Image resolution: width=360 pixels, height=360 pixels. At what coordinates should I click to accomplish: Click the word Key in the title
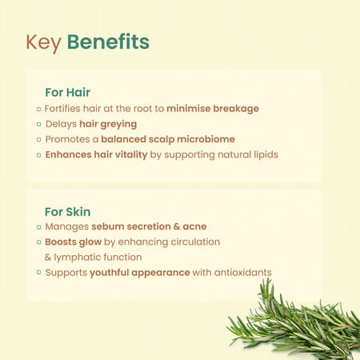[x=43, y=42]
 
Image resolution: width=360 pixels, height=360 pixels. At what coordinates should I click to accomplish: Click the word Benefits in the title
[x=108, y=42]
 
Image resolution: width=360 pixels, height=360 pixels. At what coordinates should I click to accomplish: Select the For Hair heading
[x=67, y=92]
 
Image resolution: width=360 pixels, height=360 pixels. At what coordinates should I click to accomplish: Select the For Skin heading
[x=67, y=211]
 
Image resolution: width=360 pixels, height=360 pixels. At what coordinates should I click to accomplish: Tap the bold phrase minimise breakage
[x=212, y=108]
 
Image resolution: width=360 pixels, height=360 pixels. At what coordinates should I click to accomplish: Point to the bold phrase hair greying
[x=108, y=123]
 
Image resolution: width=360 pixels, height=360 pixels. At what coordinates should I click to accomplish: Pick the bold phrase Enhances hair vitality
[x=96, y=154]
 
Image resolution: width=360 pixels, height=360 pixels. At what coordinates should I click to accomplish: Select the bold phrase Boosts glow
[x=73, y=242]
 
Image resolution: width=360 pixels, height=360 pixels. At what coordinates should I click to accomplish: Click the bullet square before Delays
[x=38, y=124]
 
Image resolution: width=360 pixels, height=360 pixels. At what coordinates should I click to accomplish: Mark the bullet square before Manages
[x=38, y=227]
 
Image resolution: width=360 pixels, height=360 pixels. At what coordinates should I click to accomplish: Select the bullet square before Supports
[x=38, y=273]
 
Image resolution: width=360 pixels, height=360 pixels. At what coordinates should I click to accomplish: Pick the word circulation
[x=192, y=242]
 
